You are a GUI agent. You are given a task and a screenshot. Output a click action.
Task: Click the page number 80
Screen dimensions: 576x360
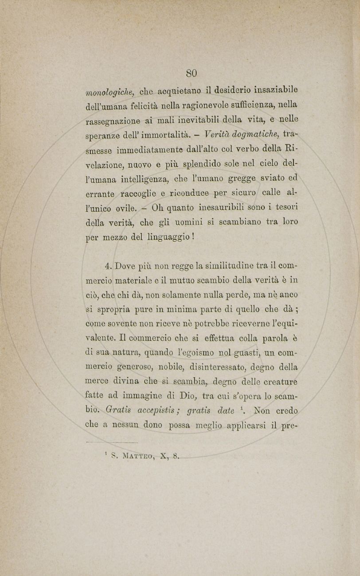(192, 72)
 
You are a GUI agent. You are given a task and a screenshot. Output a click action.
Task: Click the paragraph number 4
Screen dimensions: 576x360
(108, 266)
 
